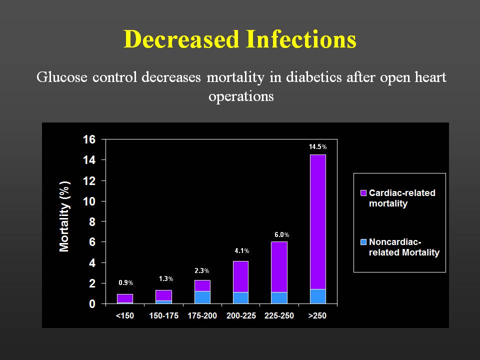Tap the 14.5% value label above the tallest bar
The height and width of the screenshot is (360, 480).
point(317,147)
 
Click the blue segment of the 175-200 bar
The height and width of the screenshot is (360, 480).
point(202,297)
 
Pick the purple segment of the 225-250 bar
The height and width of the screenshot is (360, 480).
point(279,266)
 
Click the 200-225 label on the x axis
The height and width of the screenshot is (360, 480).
point(241,316)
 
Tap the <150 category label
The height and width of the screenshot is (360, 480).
point(125,316)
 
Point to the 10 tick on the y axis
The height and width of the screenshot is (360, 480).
point(89,201)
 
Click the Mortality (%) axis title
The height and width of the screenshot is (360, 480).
point(64,216)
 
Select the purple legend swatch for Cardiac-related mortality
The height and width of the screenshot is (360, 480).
point(363,193)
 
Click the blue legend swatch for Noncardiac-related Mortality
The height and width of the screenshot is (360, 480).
point(363,242)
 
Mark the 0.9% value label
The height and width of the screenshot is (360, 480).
point(125,283)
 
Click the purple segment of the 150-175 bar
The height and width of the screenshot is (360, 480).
point(163,295)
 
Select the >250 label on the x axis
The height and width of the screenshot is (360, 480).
point(318,316)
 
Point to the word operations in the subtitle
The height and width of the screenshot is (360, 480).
point(241,96)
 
